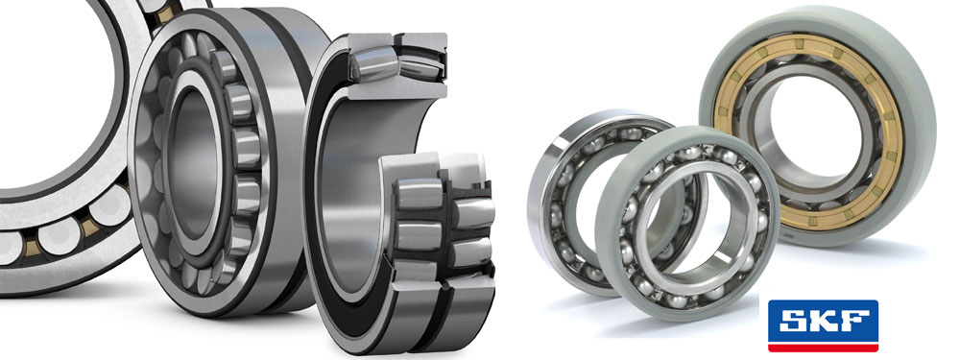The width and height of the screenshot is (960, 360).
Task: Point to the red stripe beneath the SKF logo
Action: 823,348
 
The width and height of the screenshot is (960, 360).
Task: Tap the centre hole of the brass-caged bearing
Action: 808,130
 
